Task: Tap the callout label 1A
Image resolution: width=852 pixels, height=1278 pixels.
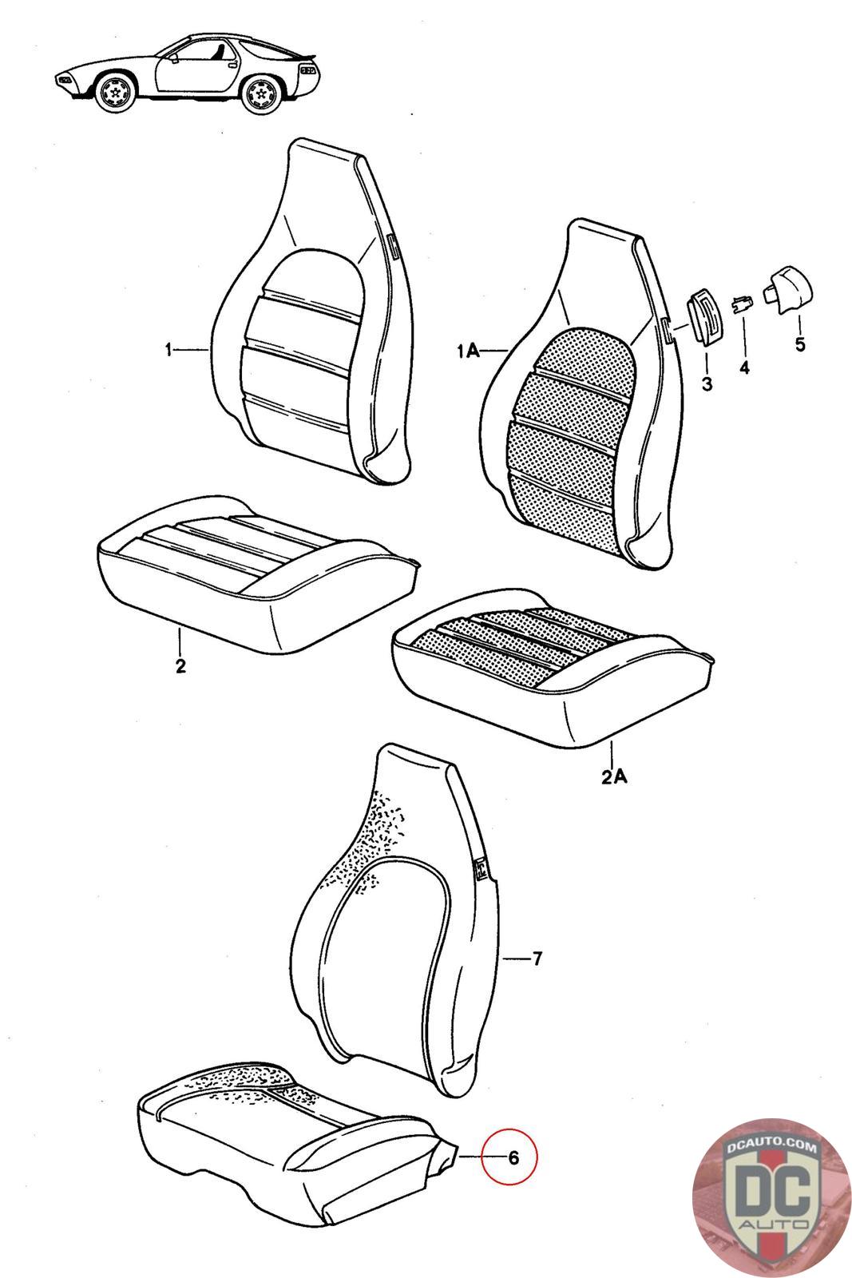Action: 468,351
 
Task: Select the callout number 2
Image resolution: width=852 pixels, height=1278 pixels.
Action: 180,665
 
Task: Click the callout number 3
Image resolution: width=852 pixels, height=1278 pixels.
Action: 707,384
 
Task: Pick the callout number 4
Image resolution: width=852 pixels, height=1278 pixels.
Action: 744,368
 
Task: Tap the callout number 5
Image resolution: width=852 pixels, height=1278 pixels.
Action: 799,344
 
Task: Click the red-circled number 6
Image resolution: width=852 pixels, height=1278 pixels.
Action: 513,1157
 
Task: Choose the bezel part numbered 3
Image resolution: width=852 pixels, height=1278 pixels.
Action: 703,318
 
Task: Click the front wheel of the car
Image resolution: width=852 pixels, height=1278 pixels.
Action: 116,90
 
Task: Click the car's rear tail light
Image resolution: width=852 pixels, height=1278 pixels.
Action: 308,69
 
